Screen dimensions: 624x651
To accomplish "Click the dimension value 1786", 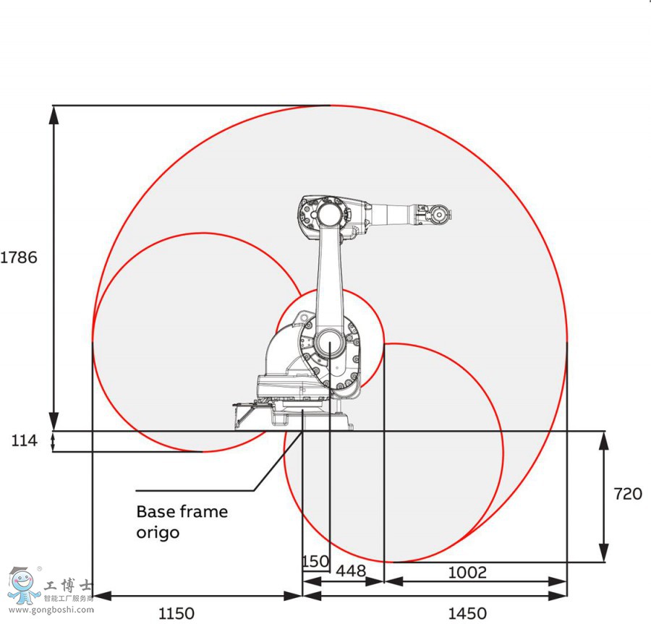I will coord(19,257).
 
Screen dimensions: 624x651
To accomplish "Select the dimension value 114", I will coord(24,440).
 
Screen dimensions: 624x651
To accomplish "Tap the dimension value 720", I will coord(627,494).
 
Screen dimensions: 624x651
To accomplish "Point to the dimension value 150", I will coord(315,561).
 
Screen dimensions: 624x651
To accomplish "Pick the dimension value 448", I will coord(351,572).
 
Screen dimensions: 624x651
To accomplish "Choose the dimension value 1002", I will coord(467,572).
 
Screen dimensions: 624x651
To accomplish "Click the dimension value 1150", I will coord(176,613).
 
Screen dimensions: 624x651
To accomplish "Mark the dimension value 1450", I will coord(467,613).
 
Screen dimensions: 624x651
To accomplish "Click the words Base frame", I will coord(182,512).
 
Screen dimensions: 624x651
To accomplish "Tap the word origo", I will coord(158,533).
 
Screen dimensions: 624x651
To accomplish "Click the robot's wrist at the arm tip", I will coord(438,214).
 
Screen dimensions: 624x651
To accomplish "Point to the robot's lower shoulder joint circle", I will coord(329,342).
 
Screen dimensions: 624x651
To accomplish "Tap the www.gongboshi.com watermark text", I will coord(51,609).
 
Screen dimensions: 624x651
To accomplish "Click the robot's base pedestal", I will coord(304,417).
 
